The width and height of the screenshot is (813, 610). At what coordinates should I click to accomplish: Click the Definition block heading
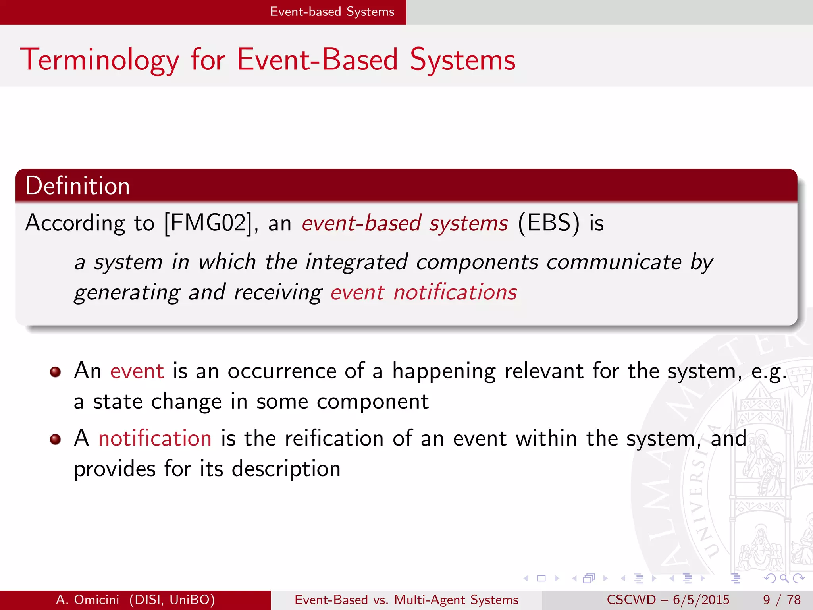77,186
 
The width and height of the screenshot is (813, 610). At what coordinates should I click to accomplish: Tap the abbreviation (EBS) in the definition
549,223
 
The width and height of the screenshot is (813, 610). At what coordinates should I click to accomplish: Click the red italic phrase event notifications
424,293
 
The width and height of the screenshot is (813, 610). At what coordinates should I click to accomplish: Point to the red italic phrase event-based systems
405,223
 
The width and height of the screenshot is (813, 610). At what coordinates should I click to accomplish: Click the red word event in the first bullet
137,371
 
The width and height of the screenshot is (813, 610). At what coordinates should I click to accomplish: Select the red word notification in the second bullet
155,439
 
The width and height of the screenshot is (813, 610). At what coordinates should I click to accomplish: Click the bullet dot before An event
55,372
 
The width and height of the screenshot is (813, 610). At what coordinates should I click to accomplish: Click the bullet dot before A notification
55,440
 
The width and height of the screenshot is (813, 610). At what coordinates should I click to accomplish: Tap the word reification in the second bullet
334,439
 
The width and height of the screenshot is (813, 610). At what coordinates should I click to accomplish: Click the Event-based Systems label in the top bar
332,12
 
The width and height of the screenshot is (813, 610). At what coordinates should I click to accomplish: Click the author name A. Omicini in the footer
87,600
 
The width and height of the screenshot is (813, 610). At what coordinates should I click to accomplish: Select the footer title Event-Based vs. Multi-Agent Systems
406,600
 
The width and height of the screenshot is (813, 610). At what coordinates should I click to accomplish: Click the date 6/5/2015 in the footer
701,600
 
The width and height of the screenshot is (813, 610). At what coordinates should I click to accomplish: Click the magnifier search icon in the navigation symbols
784,579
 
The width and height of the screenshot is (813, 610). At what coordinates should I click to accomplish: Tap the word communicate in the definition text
613,262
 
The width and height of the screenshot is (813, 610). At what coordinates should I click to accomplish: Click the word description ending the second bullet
286,469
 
